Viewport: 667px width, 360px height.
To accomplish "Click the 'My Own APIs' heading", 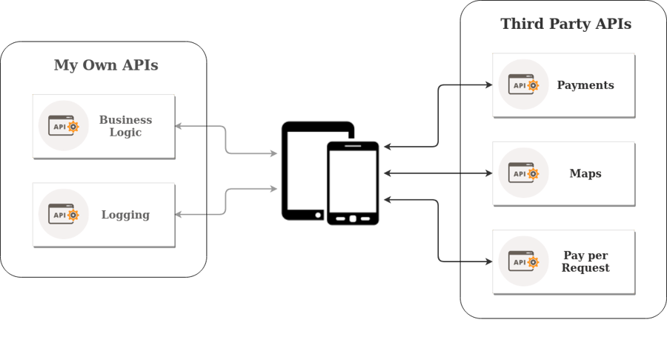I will (x=106, y=65).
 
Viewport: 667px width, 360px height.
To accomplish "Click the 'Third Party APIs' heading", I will (x=565, y=24).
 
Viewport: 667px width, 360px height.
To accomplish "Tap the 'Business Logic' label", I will (x=125, y=126).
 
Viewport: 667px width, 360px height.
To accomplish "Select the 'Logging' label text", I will (x=125, y=215).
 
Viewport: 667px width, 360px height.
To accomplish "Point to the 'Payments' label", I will (x=585, y=85).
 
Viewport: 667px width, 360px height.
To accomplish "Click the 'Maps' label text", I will (x=585, y=173).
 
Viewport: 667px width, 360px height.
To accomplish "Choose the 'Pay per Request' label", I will (x=585, y=261).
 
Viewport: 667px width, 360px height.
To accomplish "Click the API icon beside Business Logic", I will (x=64, y=126).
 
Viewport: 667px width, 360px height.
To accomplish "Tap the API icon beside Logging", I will (x=64, y=215).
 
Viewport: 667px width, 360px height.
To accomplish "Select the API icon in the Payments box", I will (x=523, y=85).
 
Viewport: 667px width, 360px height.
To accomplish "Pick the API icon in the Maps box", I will (x=523, y=173).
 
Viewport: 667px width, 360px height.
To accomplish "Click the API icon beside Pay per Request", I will (x=523, y=261).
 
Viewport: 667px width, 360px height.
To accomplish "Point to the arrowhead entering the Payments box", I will (x=489, y=85).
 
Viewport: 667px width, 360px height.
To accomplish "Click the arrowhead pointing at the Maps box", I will (x=489, y=173).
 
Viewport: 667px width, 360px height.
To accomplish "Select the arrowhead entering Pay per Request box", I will (x=489, y=261).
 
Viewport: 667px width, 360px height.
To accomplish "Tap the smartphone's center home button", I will (x=353, y=219).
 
